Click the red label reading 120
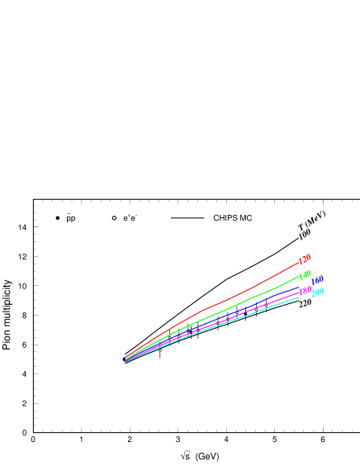(x=305, y=259)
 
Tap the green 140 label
(x=306, y=275)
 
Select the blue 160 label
(x=317, y=280)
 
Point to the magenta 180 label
(x=306, y=290)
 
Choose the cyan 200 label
(x=317, y=292)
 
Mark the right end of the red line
(x=299, y=263)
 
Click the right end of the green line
(x=299, y=277)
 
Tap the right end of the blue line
(x=299, y=288)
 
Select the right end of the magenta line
(x=299, y=292)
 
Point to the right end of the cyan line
(x=299, y=297)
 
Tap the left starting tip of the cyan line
(x=126, y=363)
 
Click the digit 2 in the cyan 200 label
(x=313, y=294)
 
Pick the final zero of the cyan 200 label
(x=322, y=291)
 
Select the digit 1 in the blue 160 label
(x=313, y=283)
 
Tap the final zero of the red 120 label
(x=308, y=257)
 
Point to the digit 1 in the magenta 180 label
(x=301, y=292)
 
